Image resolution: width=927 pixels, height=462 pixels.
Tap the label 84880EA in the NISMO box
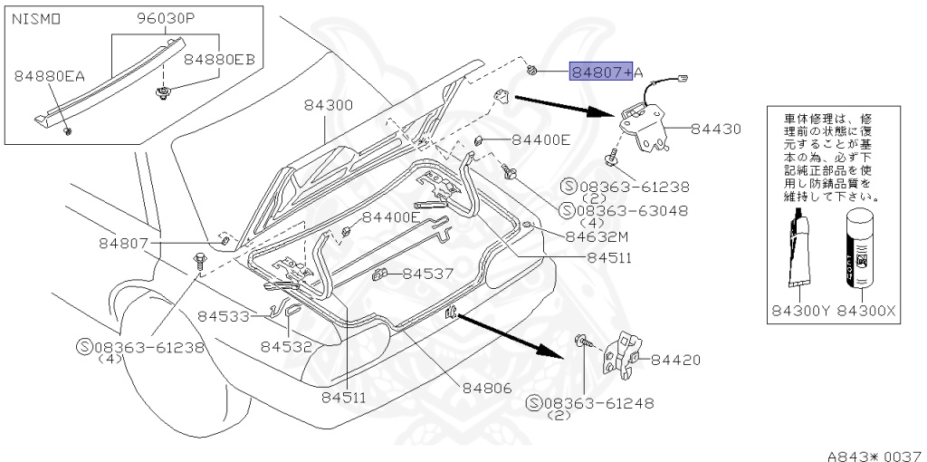coord(49,76)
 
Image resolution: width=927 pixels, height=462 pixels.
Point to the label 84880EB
coord(219,60)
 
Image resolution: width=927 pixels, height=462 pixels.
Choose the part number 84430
coord(715,130)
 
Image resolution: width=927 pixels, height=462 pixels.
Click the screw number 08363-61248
coord(597,403)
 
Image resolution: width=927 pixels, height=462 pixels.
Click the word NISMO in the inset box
coord(36,18)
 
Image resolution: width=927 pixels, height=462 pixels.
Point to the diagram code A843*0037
coord(873,453)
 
